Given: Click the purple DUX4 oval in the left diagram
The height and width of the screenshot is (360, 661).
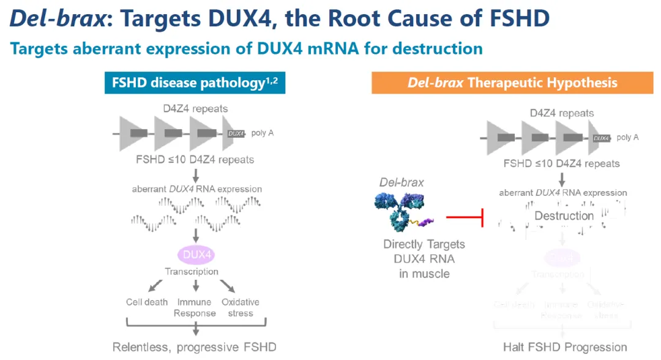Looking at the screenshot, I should point(195,255).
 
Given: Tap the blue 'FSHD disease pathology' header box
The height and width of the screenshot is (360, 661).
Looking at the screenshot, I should point(195,82).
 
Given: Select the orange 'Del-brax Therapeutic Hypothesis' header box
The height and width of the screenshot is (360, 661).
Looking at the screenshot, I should point(512,82).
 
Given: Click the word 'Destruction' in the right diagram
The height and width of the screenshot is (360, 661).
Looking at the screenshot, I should point(564,216).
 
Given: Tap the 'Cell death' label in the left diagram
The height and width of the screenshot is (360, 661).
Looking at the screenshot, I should point(147,302).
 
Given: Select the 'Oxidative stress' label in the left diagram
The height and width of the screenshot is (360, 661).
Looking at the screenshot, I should point(240,307).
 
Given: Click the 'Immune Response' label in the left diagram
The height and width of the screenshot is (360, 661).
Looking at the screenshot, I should point(195,307).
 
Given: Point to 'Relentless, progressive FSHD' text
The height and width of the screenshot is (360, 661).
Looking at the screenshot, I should point(195,347).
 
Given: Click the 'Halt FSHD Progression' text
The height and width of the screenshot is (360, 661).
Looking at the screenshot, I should point(564,347).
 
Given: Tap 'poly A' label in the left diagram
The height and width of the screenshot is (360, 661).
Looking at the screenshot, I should point(262,133).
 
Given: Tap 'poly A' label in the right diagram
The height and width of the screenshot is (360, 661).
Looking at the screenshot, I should point(627,137).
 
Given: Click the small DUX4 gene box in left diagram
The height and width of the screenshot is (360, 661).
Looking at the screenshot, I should point(236,133).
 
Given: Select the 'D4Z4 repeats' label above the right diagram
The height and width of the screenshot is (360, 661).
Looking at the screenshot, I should point(561,113).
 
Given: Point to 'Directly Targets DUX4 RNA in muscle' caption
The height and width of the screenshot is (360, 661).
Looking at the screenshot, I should point(424,258).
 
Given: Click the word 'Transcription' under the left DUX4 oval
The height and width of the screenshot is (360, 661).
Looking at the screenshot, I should point(192,271).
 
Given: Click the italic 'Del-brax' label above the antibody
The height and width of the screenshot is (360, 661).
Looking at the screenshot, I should point(401,182).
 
